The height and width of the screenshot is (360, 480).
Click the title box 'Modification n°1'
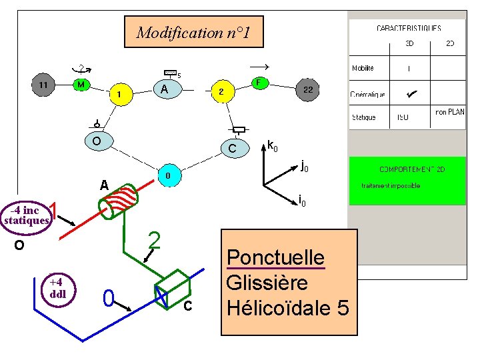click(193, 32)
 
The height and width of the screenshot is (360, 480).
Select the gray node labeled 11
click(43, 85)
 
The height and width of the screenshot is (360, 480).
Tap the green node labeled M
click(81, 85)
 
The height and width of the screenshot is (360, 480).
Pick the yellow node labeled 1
click(120, 94)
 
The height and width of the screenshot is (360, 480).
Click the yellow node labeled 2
click(222, 92)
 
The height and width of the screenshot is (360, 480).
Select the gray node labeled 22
click(308, 89)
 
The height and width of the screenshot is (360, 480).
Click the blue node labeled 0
click(168, 175)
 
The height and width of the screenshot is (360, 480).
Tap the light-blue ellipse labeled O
click(97, 141)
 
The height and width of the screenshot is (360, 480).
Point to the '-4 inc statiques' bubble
click(27, 215)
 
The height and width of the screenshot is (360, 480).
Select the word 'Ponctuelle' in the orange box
click(275, 257)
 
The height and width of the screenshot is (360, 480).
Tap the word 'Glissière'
click(267, 283)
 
